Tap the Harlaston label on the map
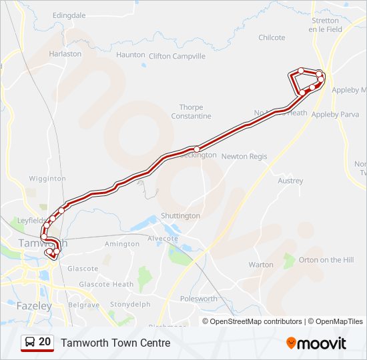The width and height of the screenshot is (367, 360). [65, 54]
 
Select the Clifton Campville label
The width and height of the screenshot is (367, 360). [177, 57]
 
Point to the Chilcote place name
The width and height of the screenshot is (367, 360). [272, 38]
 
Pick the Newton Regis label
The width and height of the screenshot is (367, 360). [244, 157]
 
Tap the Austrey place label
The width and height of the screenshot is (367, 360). [290, 181]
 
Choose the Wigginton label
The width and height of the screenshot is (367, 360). [47, 179]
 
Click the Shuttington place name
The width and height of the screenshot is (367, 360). [180, 216]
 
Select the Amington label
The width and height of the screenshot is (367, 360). [122, 244]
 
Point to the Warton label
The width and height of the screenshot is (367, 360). [261, 265]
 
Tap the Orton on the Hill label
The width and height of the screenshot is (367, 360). [326, 260]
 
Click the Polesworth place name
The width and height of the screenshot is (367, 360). [198, 299]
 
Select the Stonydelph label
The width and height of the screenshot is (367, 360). [130, 305]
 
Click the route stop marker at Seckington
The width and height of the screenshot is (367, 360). [196, 149]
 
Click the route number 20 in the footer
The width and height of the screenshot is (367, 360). [45, 342]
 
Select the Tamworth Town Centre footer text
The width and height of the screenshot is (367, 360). [115, 343]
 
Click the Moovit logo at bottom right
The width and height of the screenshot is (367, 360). [316, 343]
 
